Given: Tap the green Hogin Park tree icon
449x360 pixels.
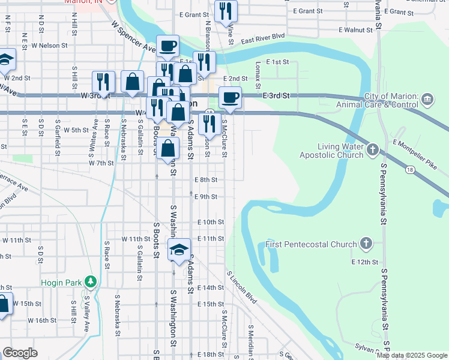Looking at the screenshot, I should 91,281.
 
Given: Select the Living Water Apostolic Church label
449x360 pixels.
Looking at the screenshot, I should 332,150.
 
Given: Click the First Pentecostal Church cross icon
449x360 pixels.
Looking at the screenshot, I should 367,244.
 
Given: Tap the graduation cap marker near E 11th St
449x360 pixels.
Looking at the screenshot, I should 179,250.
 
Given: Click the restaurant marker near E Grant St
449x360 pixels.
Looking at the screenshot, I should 226,10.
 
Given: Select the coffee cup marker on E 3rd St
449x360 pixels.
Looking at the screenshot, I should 229,97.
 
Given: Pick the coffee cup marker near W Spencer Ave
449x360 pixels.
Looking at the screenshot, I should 168,46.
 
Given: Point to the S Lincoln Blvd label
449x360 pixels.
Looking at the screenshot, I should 242,286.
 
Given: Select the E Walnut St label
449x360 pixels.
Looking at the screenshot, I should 355,29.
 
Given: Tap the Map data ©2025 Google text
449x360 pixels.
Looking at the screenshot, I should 411,355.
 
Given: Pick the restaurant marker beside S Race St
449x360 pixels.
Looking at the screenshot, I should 103,82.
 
